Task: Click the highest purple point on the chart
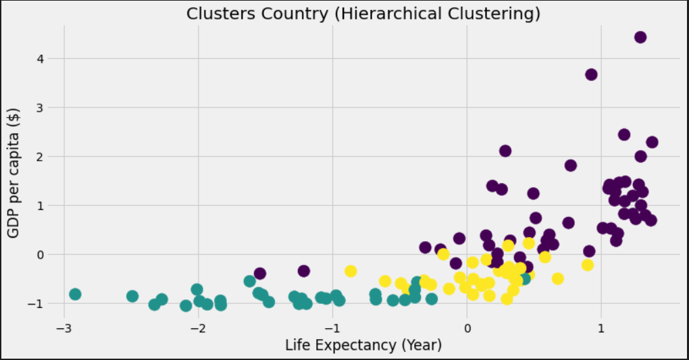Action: (640, 37)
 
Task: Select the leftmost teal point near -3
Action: (75, 294)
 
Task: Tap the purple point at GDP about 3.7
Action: (591, 74)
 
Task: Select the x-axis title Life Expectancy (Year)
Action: (363, 345)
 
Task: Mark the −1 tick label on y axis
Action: (39, 303)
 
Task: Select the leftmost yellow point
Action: (350, 271)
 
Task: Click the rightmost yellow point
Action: (587, 265)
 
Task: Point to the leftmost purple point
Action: (259, 274)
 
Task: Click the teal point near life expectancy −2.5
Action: (132, 296)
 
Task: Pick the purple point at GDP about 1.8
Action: (570, 165)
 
